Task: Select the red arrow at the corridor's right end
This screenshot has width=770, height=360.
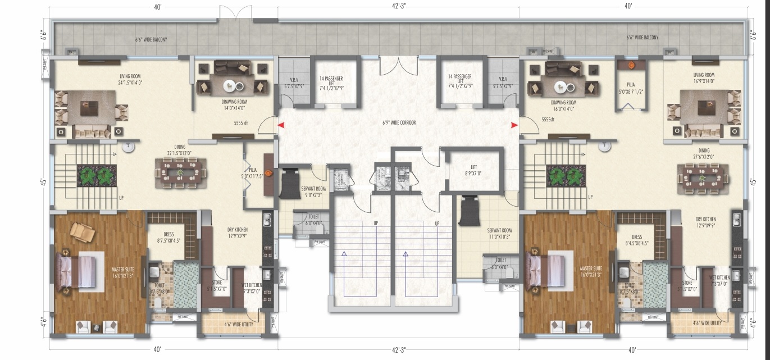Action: coord(513,126)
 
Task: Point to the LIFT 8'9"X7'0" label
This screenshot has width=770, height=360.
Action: coord(473,170)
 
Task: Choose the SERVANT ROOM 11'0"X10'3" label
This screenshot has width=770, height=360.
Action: coord(498,233)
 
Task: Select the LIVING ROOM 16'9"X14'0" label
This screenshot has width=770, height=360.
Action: coord(703,78)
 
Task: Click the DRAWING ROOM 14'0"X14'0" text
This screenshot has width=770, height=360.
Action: coord(234,104)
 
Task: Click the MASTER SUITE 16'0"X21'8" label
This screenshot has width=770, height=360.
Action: coord(591,271)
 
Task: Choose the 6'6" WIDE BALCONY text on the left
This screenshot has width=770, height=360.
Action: coord(151,40)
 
